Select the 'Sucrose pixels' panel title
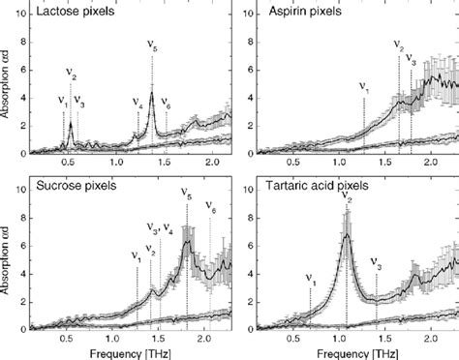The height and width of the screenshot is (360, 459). (74, 185)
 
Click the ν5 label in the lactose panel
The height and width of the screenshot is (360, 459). (153, 47)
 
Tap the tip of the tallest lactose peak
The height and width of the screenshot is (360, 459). (152, 92)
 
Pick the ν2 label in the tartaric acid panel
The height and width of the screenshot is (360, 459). (347, 198)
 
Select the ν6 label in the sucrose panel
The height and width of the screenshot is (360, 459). (210, 208)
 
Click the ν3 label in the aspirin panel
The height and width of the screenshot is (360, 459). (411, 60)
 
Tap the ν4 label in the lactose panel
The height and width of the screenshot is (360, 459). (137, 102)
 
